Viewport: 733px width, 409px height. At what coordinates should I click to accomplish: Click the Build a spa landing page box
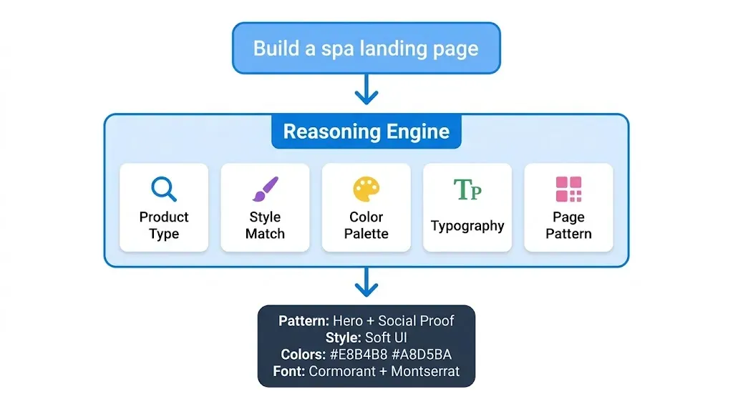366,49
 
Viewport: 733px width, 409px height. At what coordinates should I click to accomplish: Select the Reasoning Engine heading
366,132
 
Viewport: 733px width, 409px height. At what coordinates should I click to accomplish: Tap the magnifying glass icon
164,189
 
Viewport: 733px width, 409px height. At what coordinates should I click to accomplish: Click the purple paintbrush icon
265,189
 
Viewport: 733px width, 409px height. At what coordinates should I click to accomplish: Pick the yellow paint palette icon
366,189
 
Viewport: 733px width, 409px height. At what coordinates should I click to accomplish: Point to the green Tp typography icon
467,189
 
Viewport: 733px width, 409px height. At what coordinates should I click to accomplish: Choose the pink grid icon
569,189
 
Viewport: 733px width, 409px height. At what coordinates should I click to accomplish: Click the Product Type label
164,225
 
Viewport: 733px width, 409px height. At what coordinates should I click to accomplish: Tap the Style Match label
265,225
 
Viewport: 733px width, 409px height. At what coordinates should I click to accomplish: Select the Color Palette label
366,225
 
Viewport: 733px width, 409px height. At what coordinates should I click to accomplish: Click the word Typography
467,226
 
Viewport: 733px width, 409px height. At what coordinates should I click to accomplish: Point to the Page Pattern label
569,225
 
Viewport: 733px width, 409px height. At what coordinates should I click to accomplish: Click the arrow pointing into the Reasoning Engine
366,89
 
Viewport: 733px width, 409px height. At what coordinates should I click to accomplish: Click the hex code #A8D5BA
419,355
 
